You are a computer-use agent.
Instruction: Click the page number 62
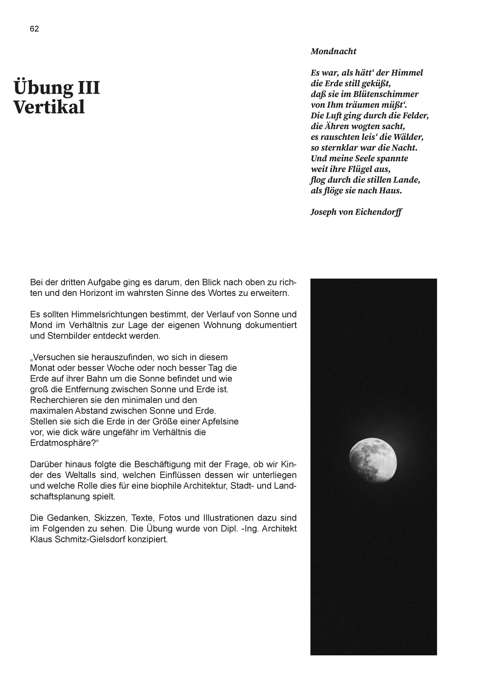point(34,29)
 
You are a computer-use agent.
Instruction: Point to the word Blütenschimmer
point(386,94)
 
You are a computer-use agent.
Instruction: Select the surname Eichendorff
point(379,212)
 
